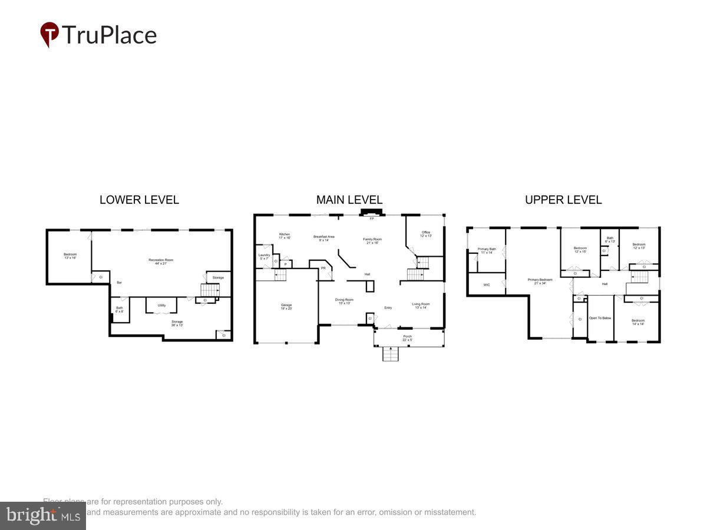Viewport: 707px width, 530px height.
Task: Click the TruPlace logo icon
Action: tap(49, 34)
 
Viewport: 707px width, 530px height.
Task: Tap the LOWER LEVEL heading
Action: tap(139, 200)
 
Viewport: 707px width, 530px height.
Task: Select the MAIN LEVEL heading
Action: tap(349, 200)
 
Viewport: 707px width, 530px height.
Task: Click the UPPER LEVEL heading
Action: tap(563, 200)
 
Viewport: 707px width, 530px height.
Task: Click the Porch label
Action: tap(407, 337)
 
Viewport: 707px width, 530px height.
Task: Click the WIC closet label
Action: tap(487, 284)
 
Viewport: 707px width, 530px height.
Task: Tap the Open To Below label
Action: tap(600, 318)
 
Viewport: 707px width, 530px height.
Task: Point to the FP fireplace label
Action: tap(372, 219)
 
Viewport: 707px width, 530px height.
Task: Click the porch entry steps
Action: tap(391, 353)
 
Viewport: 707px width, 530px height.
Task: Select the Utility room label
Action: tap(161, 305)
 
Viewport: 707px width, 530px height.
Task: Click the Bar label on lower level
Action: tap(119, 283)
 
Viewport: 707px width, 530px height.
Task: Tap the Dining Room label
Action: tap(344, 300)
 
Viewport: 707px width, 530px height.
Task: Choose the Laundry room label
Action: tap(264, 256)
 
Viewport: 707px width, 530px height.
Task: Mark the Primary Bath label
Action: tap(487, 250)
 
